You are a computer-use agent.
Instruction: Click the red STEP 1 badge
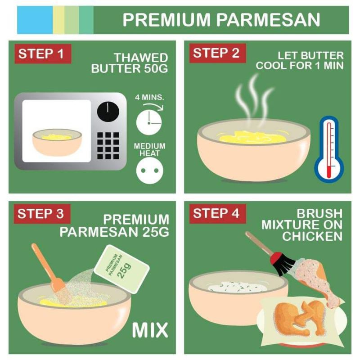click(x=43, y=54)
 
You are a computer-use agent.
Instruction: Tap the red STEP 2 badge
click(x=217, y=53)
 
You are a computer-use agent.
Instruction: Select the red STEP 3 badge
click(x=42, y=214)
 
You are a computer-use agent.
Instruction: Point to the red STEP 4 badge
click(x=217, y=213)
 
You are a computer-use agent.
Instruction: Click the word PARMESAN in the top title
click(x=268, y=20)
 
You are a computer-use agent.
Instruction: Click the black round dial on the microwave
click(x=108, y=112)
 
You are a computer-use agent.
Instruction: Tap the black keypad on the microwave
click(x=108, y=145)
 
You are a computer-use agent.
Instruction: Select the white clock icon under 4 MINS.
click(x=149, y=122)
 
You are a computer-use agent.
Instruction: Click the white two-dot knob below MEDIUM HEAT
click(x=149, y=171)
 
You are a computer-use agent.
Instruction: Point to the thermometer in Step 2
click(x=329, y=150)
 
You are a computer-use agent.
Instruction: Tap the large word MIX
click(x=150, y=330)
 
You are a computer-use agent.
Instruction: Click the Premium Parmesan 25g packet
click(x=121, y=269)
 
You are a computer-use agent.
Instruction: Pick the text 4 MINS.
click(x=149, y=97)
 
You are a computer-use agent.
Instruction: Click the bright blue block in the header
click(x=35, y=20)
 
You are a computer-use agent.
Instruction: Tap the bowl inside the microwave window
click(x=57, y=142)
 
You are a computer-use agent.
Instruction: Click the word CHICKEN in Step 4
click(x=312, y=236)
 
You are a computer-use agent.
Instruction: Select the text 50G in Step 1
click(x=156, y=68)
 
